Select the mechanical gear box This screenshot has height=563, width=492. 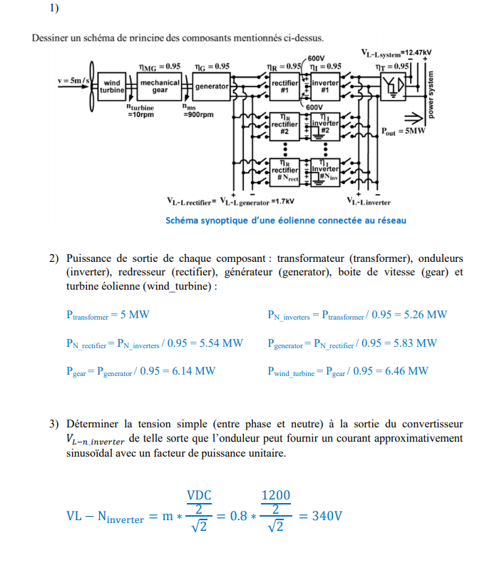coord(160,86)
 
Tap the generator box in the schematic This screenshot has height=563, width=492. coord(212,86)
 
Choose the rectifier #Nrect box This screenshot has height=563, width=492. coord(285,169)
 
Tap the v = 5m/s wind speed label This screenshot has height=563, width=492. coord(73,80)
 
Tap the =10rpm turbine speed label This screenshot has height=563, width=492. coord(140,113)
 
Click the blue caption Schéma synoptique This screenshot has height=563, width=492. coord(285,220)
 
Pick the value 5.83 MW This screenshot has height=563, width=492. coord(415,343)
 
